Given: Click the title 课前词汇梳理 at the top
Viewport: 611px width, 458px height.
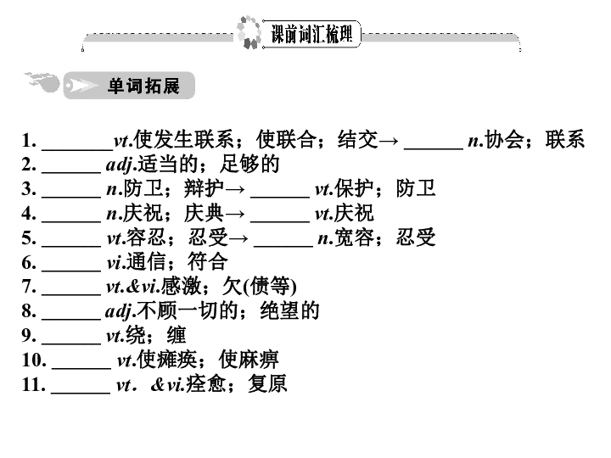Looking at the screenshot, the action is (x=311, y=34).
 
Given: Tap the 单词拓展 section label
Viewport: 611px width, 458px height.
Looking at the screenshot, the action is (x=143, y=86).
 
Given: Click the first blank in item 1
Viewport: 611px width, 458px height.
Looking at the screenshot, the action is (x=77, y=148).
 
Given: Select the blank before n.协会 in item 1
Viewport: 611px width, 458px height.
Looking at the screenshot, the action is (x=434, y=148).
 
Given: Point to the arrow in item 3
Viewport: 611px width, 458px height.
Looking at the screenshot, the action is (x=235, y=190).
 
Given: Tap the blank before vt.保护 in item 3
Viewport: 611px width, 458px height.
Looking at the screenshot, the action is (x=280, y=197).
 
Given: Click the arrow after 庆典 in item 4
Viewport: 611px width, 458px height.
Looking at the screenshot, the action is (x=235, y=214).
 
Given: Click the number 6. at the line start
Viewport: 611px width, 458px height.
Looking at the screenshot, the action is (x=29, y=262).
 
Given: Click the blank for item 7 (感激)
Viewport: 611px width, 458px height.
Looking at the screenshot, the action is (x=71, y=294).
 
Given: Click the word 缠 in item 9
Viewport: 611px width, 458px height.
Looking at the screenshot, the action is (x=177, y=335).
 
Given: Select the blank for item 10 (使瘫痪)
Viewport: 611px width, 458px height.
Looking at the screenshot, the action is (x=81, y=367).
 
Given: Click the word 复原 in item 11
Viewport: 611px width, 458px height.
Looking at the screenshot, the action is (x=267, y=383).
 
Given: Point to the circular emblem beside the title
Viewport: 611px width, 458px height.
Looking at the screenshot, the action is (x=249, y=32).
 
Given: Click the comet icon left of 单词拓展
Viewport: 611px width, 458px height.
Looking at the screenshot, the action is (x=42, y=81).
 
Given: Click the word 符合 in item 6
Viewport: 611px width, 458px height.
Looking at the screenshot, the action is (x=208, y=262).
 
